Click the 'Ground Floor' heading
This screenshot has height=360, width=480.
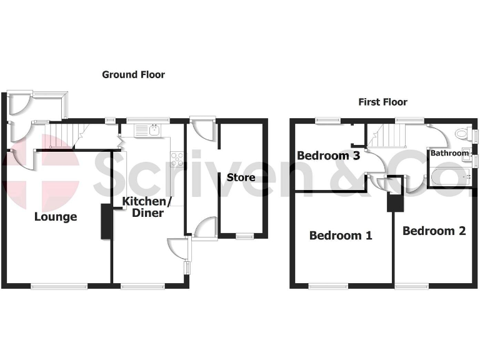coord(133,74)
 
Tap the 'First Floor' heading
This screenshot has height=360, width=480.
coord(382,102)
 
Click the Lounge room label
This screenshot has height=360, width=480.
coord(56,217)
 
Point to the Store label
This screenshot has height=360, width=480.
coord(241,177)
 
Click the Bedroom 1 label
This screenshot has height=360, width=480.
coord(341,236)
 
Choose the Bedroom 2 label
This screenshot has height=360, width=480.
coord(434,231)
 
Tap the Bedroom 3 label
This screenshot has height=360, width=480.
coord(328,156)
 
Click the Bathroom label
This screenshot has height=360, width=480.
coord(449,153)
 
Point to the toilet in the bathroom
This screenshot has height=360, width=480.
coord(463,134)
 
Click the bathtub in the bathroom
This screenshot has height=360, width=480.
coord(449,180)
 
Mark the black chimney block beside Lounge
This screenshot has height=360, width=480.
coord(106,221)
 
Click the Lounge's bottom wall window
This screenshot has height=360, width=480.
coord(59,286)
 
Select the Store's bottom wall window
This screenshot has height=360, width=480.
coord(244,236)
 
